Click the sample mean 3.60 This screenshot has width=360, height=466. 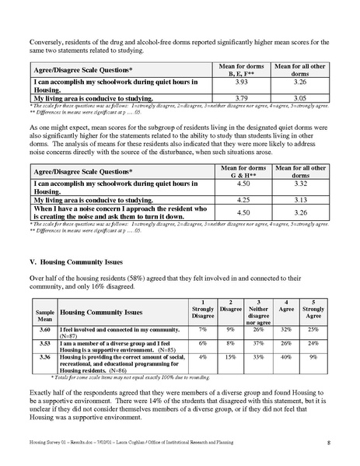pyautogui.click(x=44, y=330)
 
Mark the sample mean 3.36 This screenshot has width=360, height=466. pyautogui.click(x=44, y=359)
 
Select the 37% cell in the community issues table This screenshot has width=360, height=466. pyautogui.click(x=258, y=343)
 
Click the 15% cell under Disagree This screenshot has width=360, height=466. pyautogui.click(x=232, y=358)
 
